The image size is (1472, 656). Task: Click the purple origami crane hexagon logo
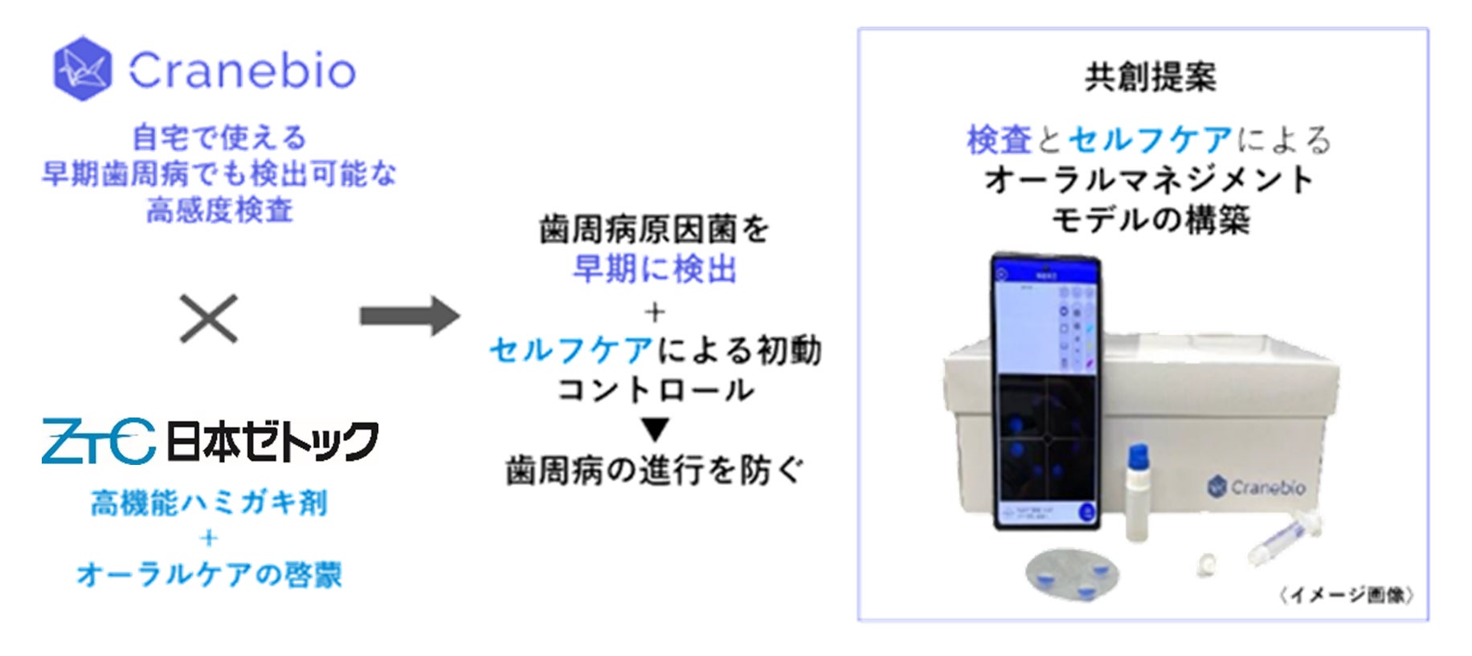point(82,69)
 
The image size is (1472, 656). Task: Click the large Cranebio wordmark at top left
point(242,71)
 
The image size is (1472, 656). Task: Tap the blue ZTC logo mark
point(98,441)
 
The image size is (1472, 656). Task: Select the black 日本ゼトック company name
point(272,441)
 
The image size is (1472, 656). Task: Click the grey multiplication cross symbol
point(208,319)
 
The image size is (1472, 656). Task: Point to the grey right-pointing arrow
point(409,316)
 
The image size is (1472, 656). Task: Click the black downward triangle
point(655,430)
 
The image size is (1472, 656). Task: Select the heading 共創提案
point(1150,77)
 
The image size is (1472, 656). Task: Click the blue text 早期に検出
point(654,270)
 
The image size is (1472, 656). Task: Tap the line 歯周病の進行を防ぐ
point(654,471)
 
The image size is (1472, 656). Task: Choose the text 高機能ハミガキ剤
point(209,503)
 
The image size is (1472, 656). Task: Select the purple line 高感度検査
point(219,211)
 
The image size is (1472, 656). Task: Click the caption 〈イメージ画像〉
point(1347,595)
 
